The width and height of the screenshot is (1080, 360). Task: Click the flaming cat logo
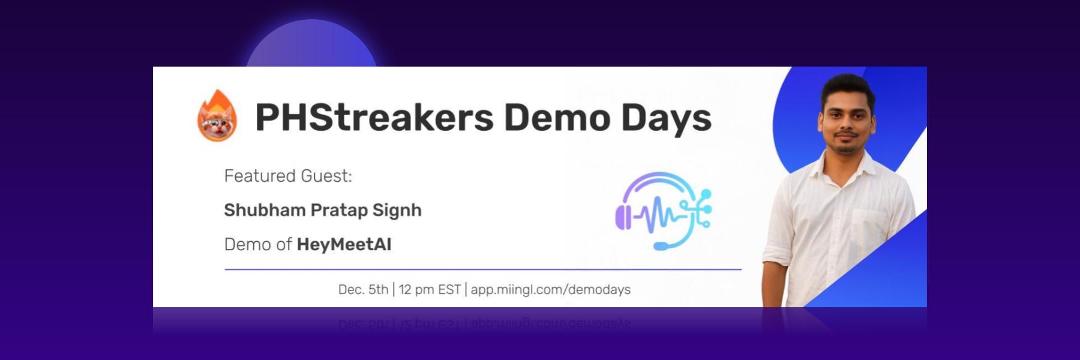(217, 116)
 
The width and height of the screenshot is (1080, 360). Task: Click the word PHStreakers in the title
(374, 117)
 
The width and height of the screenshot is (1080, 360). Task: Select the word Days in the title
(666, 119)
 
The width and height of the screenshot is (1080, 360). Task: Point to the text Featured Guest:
(288, 176)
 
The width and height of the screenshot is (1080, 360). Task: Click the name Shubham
(265, 210)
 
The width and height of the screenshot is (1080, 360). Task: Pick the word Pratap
(339, 211)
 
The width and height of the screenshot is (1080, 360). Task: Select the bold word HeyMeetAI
(344, 244)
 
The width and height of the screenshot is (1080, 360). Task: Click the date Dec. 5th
(363, 290)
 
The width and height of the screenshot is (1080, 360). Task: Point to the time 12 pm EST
(430, 290)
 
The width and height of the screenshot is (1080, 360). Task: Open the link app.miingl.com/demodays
(551, 290)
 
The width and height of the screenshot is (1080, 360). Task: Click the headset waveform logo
(664, 211)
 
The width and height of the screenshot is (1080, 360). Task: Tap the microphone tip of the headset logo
(661, 246)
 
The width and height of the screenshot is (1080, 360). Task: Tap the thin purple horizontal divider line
(483, 269)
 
